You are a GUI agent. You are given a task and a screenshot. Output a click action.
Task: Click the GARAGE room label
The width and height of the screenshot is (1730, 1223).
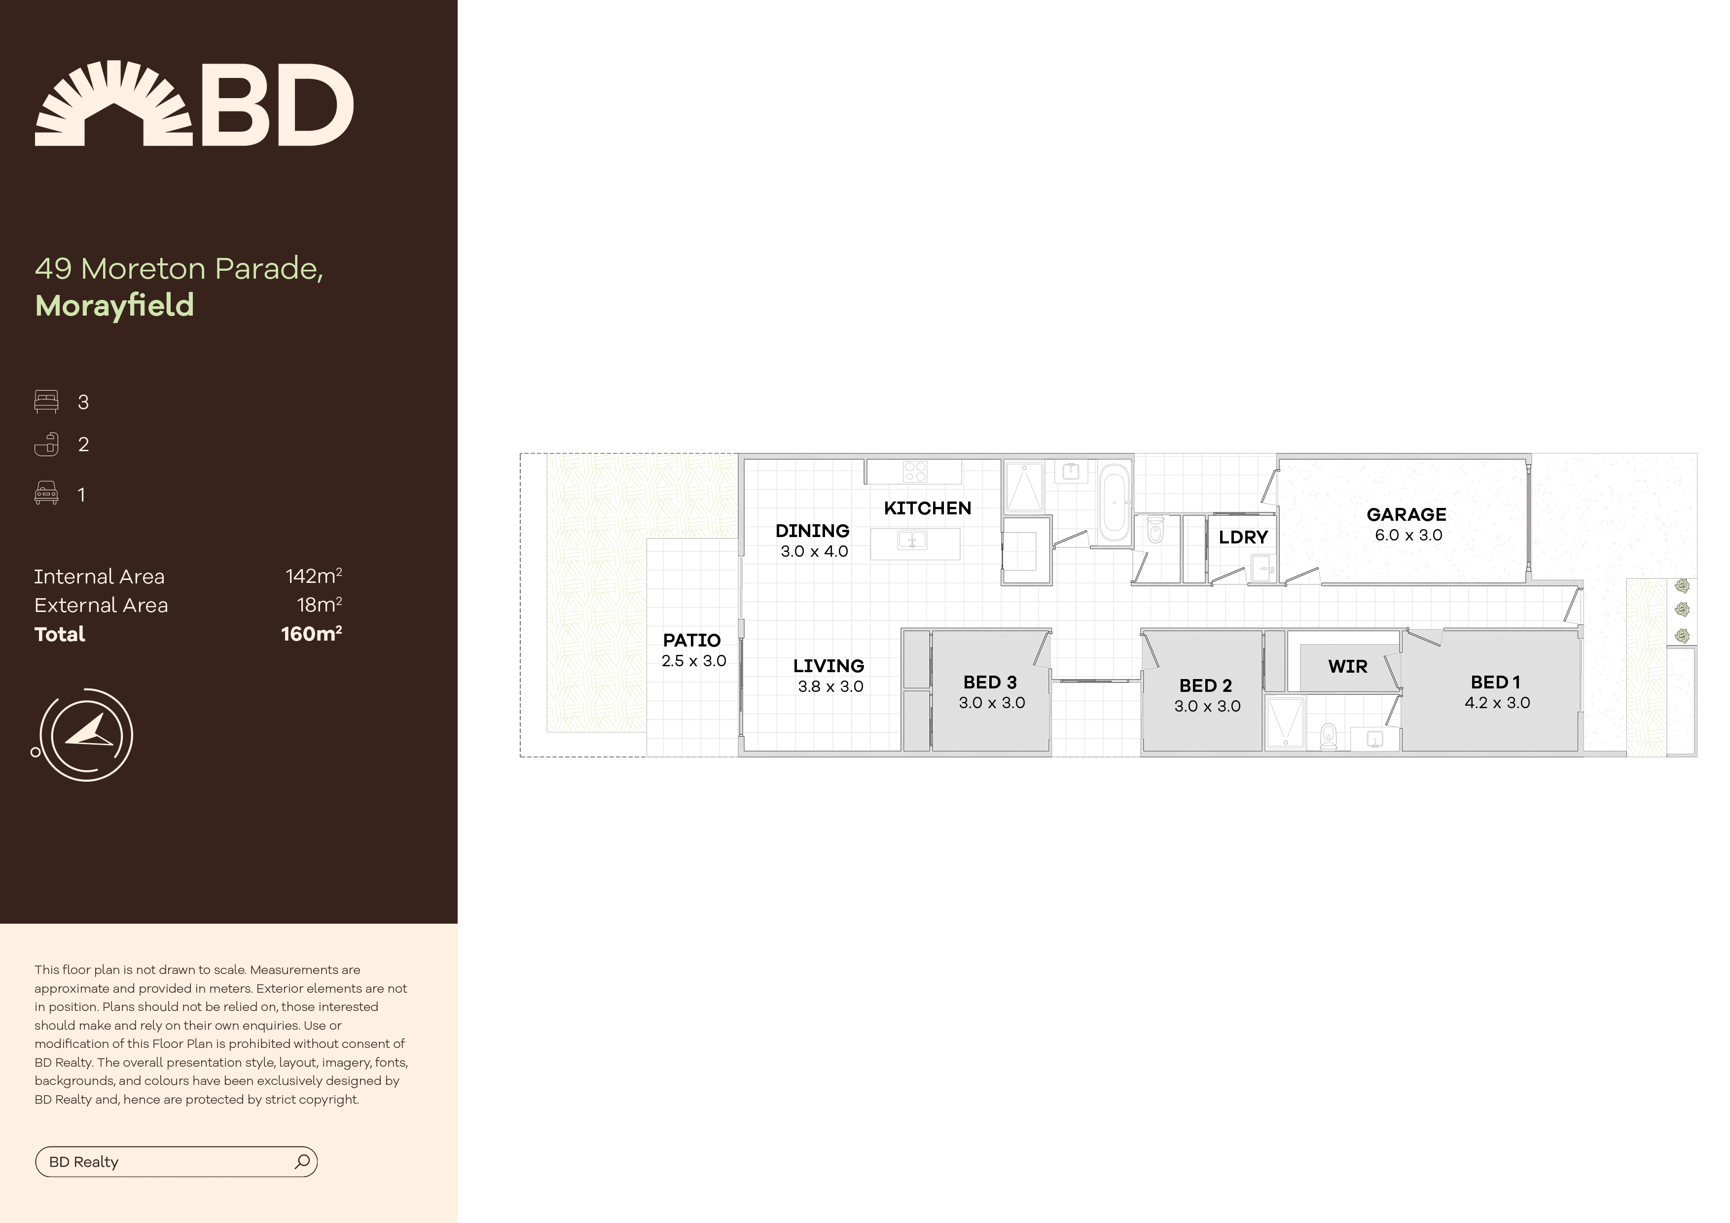(x=1406, y=515)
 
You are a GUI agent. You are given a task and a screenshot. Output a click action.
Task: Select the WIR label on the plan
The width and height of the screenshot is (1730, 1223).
(x=1347, y=666)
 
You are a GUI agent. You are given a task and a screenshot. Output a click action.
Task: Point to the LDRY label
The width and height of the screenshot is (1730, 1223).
(x=1243, y=537)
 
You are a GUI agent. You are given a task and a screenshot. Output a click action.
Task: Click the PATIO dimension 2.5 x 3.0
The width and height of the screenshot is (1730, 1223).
(x=693, y=661)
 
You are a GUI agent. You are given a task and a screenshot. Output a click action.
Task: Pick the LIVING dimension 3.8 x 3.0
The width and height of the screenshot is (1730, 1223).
(x=830, y=686)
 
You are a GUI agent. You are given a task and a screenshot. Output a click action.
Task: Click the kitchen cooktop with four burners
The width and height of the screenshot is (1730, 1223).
(x=915, y=472)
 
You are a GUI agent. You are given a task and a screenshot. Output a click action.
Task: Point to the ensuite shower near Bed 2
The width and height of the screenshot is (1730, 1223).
(x=1285, y=722)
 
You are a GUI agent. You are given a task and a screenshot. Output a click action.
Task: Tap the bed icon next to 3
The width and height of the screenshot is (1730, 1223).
(x=46, y=401)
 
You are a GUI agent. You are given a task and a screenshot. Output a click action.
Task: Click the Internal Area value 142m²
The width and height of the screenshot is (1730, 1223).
(x=314, y=576)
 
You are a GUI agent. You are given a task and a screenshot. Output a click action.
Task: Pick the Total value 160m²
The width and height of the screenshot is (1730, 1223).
(x=311, y=634)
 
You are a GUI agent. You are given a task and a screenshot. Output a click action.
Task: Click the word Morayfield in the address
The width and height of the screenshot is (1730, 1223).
(x=114, y=306)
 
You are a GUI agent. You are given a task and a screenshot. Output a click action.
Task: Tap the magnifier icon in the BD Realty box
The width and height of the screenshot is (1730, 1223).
(x=302, y=1161)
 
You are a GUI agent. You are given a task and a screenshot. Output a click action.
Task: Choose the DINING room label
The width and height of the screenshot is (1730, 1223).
(x=812, y=531)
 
